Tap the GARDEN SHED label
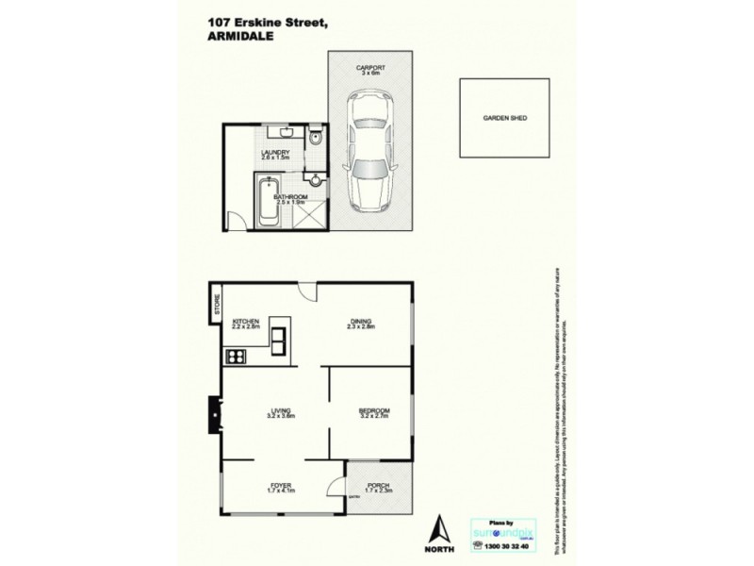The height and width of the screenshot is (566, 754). (504, 119)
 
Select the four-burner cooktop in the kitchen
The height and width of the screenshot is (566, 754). (237, 357)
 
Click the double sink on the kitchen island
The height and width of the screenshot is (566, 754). (280, 338)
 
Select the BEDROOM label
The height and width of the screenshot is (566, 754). (373, 411)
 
